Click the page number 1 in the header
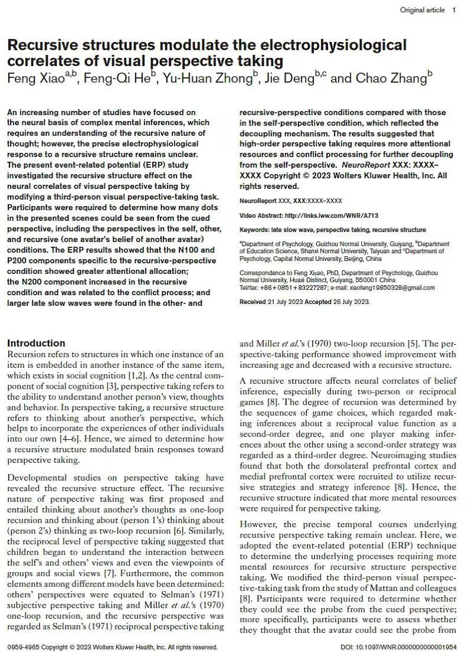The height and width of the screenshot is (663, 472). click(454, 10)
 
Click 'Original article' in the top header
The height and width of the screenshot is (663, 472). click(422, 10)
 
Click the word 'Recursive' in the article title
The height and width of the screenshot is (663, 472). click(44, 45)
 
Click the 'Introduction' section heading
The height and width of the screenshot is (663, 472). click(36, 343)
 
